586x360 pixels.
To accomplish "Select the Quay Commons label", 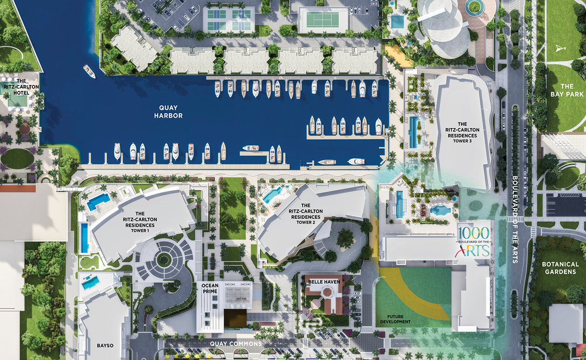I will pos(236,344).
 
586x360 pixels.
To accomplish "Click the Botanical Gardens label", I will pos(560,268).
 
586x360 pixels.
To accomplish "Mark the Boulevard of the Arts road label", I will pos(514,219).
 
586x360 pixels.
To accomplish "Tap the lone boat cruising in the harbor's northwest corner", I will pos(89,71).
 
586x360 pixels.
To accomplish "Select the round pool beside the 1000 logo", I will pos(440,210).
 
